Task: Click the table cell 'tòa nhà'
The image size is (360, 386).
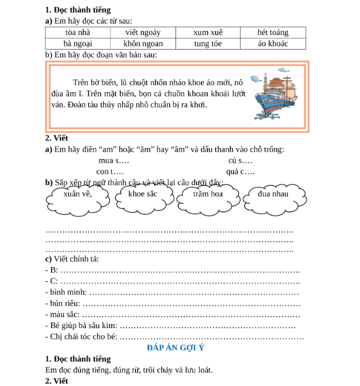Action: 77,33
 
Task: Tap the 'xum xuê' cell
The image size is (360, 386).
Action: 208,33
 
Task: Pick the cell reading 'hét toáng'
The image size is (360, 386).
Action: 273,33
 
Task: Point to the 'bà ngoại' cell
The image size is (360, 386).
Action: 77,44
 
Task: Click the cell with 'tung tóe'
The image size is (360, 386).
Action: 208,44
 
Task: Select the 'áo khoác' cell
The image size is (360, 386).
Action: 273,44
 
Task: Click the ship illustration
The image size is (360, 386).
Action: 276,95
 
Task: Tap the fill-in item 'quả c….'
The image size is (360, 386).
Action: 240,172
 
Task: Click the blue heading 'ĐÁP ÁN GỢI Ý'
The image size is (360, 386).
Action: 176,348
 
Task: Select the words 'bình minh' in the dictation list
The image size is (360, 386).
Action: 66,292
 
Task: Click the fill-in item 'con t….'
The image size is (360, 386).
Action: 110,172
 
